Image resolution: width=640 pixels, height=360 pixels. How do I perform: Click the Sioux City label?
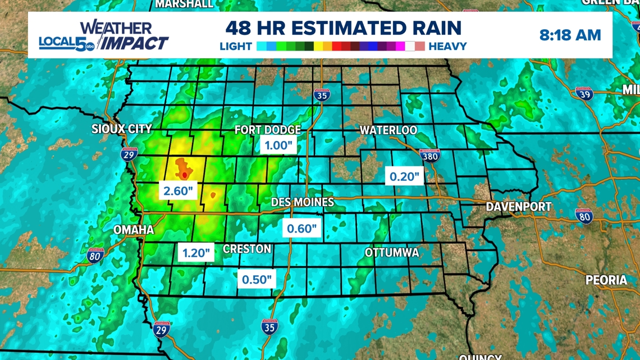pyautogui.click(x=122, y=129)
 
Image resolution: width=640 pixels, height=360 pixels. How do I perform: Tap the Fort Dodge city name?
pyautogui.click(x=268, y=130)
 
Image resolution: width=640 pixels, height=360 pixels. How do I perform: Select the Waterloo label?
pyautogui.click(x=388, y=130)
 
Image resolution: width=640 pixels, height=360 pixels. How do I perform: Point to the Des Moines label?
pyautogui.click(x=302, y=202)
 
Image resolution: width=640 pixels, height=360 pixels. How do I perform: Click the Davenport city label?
pyautogui.click(x=519, y=207)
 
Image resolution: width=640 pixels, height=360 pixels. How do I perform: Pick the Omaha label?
pyautogui.click(x=134, y=230)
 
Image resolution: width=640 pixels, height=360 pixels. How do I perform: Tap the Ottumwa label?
pyautogui.click(x=392, y=253)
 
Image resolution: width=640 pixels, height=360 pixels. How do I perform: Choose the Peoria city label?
pyautogui.click(x=606, y=280)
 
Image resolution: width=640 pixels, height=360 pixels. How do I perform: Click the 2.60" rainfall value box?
pyautogui.click(x=179, y=191)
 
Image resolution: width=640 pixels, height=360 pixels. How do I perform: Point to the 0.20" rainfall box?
pyautogui.click(x=405, y=177)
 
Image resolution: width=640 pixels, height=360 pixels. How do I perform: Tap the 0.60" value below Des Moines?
pyautogui.click(x=302, y=229)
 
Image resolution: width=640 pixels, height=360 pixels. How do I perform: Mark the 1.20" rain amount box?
pyautogui.click(x=196, y=253)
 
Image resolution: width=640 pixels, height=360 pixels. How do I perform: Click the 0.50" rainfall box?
pyautogui.click(x=257, y=279)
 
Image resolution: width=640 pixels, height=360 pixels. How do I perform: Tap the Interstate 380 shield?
pyautogui.click(x=429, y=156)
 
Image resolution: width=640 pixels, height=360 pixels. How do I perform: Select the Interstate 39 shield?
pyautogui.click(x=584, y=94)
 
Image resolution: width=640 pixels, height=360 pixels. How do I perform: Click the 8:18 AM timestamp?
pyautogui.click(x=570, y=35)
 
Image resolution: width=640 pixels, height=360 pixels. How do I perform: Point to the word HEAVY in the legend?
pyautogui.click(x=447, y=47)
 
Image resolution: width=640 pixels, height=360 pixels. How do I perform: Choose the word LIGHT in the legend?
pyautogui.click(x=236, y=47)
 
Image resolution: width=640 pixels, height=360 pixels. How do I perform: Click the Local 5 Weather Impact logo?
pyautogui.click(x=103, y=36)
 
